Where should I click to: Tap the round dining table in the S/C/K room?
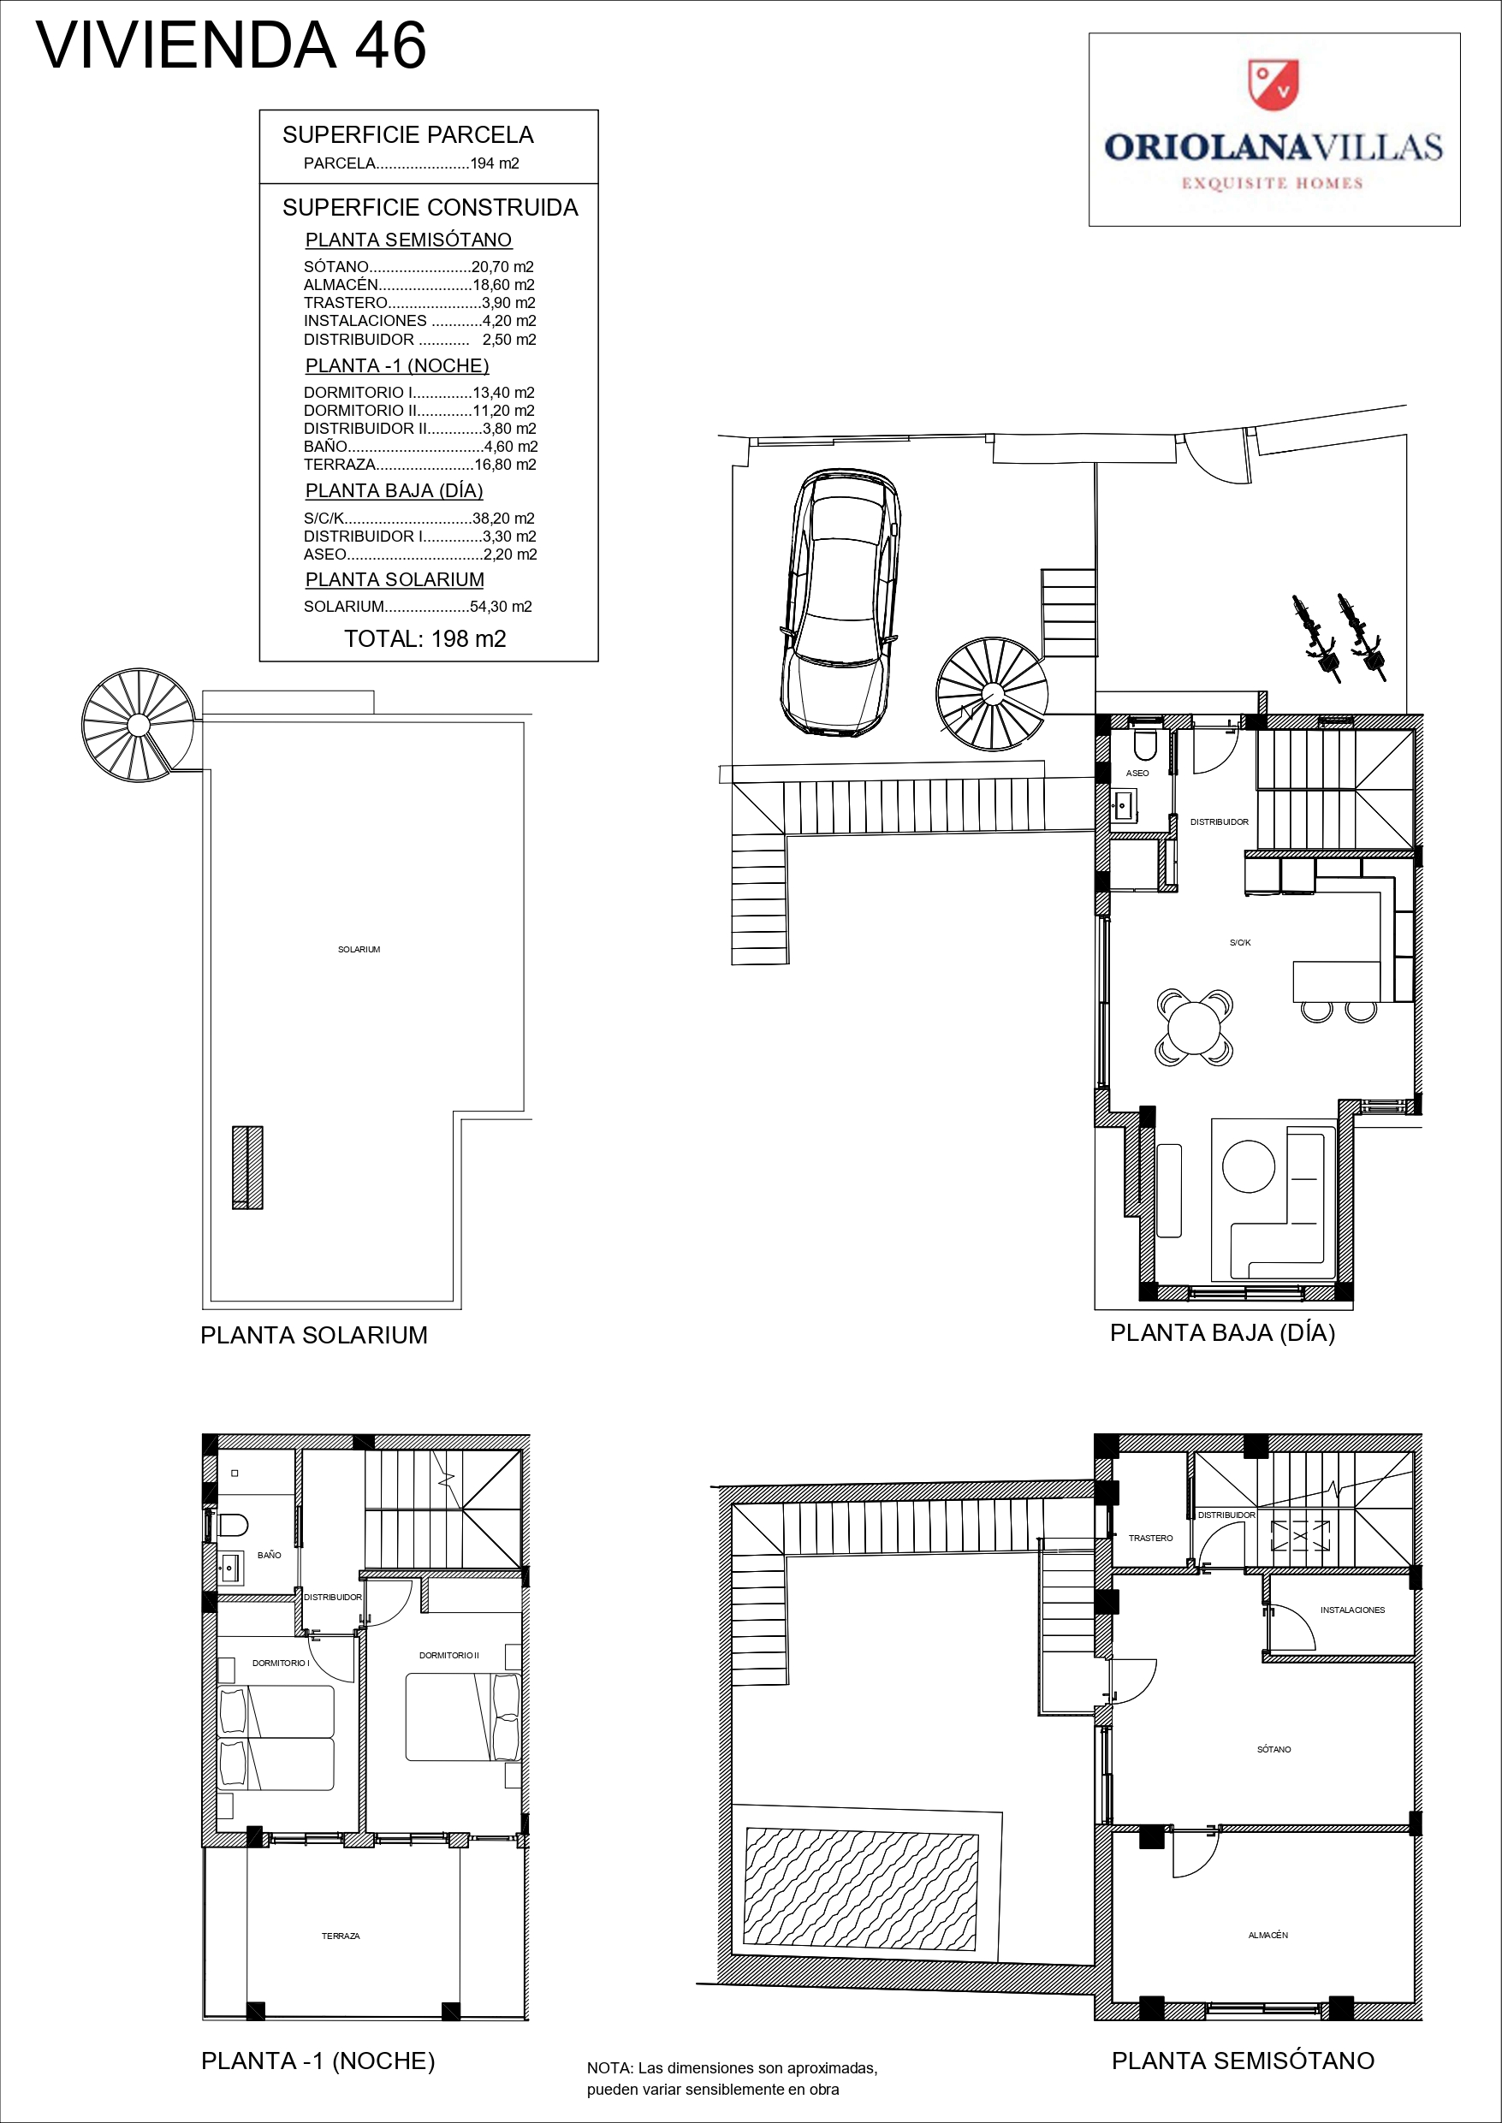click(x=1194, y=1026)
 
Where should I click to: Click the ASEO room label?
click(x=1137, y=773)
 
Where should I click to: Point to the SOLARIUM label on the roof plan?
click(x=359, y=950)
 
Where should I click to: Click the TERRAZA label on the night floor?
click(x=341, y=1936)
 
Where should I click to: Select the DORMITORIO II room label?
click(x=448, y=1655)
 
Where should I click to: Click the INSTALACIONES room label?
click(x=1352, y=1610)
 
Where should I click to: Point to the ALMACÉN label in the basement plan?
click(x=1268, y=1935)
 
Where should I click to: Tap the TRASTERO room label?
click(x=1150, y=1538)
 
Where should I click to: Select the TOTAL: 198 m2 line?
click(x=424, y=639)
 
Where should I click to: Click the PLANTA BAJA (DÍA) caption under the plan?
click(x=1222, y=1332)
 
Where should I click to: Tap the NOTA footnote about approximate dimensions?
click(x=732, y=2079)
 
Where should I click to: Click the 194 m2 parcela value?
click(x=495, y=163)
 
